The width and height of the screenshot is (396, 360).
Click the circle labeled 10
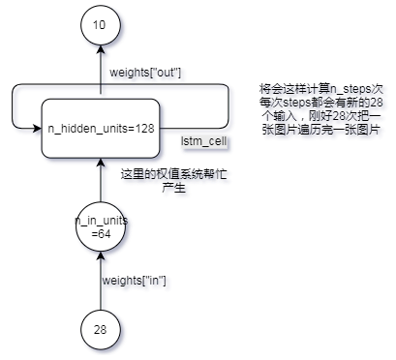(x=101, y=25)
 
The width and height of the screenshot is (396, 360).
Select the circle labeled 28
(x=101, y=330)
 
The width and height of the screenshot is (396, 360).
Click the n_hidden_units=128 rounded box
(x=101, y=128)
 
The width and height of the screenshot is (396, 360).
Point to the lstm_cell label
(x=203, y=142)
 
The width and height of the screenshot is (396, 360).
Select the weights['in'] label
(x=135, y=282)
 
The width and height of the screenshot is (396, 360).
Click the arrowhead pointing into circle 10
(x=101, y=54)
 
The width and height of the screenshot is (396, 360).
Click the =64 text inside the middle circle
(x=101, y=235)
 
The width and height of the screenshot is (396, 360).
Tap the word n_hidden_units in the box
(x=87, y=129)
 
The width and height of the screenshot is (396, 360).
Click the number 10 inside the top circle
(x=101, y=25)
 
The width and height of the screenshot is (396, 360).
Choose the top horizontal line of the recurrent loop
(x=174, y=87)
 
